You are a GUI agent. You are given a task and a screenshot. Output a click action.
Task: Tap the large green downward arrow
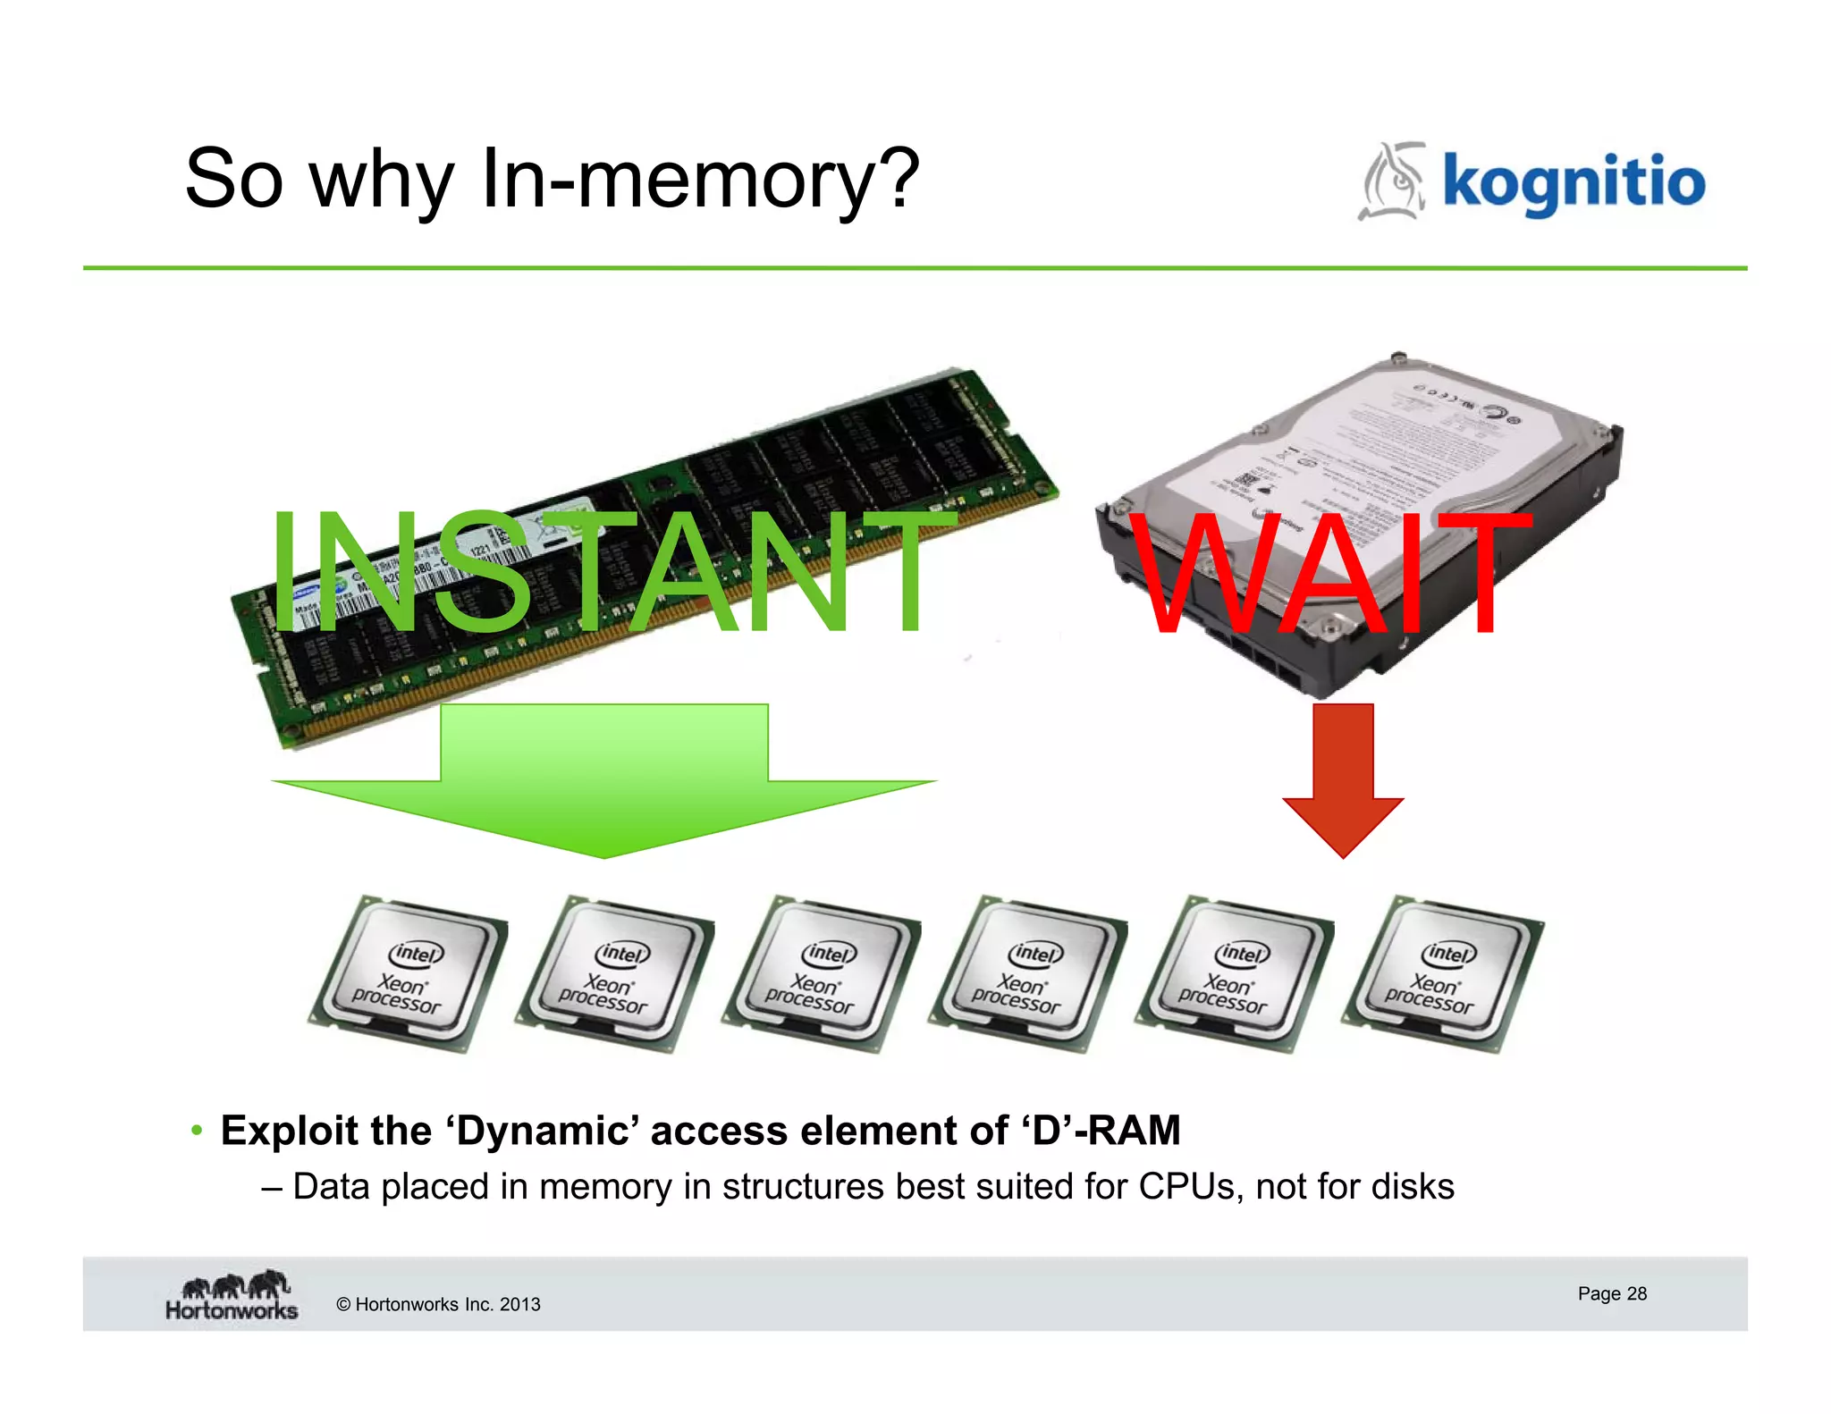coord(604,787)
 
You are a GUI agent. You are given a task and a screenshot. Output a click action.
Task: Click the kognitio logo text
coord(1574,183)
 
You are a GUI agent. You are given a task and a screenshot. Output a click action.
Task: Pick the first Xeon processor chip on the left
coord(408,974)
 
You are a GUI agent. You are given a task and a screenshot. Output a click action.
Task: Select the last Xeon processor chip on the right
coord(1441,974)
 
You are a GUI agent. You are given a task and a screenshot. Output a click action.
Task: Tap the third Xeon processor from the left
coord(821,974)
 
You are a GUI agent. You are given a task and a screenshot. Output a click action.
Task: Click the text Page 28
coord(1611,1293)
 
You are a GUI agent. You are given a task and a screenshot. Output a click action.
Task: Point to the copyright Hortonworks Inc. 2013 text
coord(438,1304)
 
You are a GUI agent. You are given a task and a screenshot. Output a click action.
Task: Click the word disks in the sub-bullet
coord(1413,1187)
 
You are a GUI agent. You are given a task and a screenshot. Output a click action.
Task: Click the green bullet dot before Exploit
coord(197,1131)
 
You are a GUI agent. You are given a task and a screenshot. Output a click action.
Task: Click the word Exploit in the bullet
coord(288,1132)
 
